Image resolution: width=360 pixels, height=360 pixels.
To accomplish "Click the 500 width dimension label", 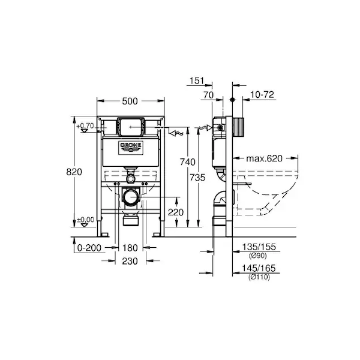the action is coord(130,101).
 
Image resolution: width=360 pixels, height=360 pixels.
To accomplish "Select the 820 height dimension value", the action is coord(74,172).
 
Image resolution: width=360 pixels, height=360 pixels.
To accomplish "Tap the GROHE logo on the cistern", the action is coord(131,147).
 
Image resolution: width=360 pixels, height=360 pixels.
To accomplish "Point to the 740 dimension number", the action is coord(188,162).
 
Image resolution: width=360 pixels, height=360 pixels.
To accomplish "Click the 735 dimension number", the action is coord(197,178).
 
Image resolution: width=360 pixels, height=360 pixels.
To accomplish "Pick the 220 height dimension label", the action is coord(176,212).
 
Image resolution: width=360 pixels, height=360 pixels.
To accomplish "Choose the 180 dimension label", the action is coord(130,248).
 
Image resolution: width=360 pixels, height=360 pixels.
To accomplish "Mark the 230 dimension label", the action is coord(130,261).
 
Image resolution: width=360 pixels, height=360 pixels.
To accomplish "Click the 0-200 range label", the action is coord(89,248).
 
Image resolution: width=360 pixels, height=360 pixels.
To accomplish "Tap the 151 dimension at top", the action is coord(197,81).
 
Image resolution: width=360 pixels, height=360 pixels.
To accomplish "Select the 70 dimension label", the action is coord(208,95).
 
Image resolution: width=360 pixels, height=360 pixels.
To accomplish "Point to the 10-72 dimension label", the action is coord(262,95).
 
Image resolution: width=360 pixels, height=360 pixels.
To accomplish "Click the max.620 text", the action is coord(264,158).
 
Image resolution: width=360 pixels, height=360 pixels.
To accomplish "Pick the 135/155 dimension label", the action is coord(259,247).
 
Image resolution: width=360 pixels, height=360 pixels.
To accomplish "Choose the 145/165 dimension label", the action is coord(259,268).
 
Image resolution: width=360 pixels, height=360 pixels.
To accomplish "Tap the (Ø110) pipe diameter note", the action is coord(259,277).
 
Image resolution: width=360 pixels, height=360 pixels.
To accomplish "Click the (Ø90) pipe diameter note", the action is coord(258,256).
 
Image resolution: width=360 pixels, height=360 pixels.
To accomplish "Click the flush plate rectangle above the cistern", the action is coord(131,127).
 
